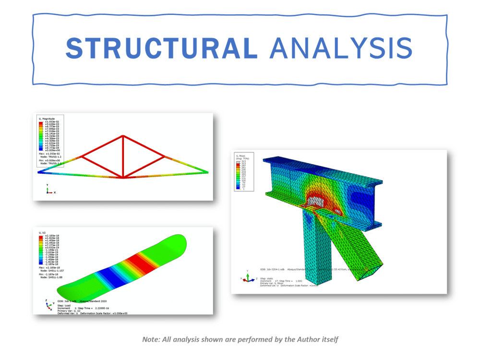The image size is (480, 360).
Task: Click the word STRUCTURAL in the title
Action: tap(161, 48)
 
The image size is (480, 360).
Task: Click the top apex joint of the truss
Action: tap(123, 136)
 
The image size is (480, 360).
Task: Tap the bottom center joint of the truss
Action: tap(123, 177)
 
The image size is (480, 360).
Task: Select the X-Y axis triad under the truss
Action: tap(48, 190)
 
